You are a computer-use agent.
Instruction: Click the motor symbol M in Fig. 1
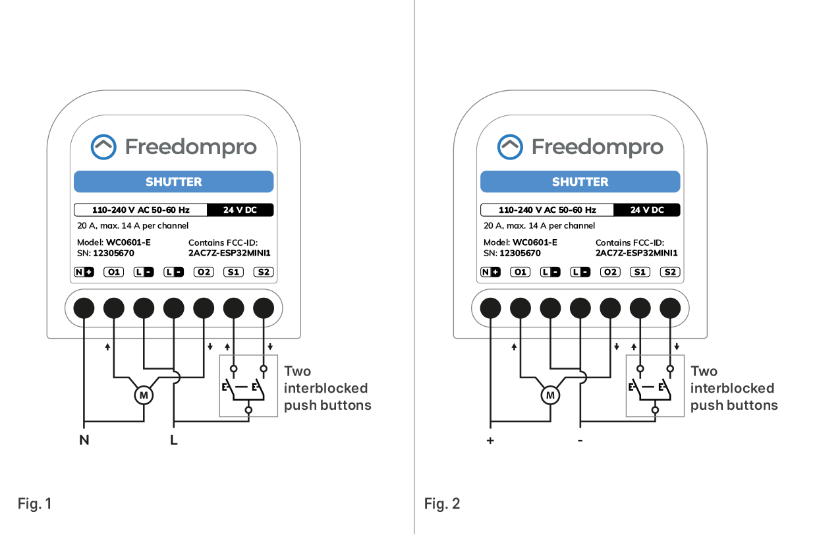pos(144,395)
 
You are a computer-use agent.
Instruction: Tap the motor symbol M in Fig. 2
pos(550,395)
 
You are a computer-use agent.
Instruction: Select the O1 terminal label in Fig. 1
pos(114,272)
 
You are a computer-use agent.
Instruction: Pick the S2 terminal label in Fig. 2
pos(670,272)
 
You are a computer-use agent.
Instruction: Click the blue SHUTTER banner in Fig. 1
pos(173,182)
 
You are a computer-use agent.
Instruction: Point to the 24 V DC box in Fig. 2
pos(646,210)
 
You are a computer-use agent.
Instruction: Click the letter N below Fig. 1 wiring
pos(84,440)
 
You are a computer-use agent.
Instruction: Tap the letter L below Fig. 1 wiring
pos(174,440)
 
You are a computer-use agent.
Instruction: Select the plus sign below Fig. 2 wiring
pos(490,440)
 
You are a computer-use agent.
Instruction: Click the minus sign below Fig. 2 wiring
pos(580,440)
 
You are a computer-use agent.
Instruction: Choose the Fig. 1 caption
pos(34,504)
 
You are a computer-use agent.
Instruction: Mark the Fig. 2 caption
pos(442,504)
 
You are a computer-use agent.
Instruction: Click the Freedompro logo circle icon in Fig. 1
pos(103,147)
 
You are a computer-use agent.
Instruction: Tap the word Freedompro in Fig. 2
pos(597,147)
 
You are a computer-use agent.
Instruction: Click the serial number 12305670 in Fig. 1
pos(113,253)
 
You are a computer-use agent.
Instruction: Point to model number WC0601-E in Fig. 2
pos(535,242)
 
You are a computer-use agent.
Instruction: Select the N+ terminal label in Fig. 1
pos(84,272)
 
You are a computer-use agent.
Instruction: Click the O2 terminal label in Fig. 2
pos(610,272)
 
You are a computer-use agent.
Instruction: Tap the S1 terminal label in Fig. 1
pos(233,272)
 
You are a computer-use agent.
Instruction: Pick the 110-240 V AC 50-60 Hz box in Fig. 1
pos(140,210)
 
